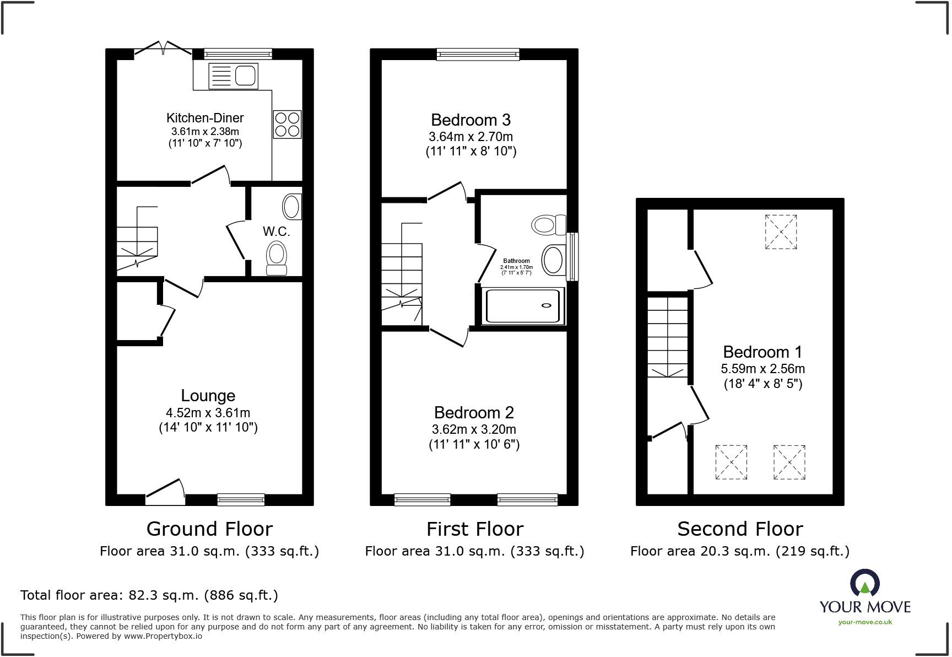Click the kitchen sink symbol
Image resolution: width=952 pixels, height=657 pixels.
[x=234, y=76]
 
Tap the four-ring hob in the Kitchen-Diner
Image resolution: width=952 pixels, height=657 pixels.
[x=287, y=124]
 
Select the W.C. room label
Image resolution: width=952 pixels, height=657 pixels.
[x=276, y=231]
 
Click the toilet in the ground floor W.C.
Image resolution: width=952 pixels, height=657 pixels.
[x=277, y=258]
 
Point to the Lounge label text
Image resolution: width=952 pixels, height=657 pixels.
[x=208, y=396]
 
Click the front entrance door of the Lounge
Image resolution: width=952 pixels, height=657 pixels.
[x=165, y=492]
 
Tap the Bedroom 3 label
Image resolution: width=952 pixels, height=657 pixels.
[x=470, y=120]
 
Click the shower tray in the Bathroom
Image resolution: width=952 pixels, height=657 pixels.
[x=523, y=306]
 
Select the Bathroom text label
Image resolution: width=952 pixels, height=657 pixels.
[x=516, y=261]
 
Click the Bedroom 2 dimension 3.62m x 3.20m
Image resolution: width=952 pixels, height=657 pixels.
[x=474, y=429]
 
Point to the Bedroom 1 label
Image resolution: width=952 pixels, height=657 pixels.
[x=762, y=352]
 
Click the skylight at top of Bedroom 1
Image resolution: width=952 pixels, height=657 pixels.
[x=781, y=232]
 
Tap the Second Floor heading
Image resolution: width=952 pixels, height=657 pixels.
[x=740, y=529]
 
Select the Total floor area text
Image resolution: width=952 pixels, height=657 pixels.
[x=149, y=595]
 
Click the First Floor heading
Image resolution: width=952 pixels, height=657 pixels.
[x=474, y=529]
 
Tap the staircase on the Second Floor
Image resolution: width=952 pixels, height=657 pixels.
[x=668, y=336]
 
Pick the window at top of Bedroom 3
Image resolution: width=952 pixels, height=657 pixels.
[x=478, y=54]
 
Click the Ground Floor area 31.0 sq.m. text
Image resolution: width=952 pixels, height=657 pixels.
[x=209, y=551]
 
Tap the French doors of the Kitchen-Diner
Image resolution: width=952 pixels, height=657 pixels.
[x=163, y=51]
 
